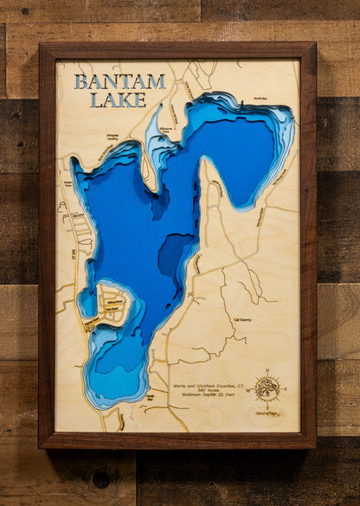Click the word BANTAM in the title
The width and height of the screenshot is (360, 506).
pyautogui.click(x=119, y=82)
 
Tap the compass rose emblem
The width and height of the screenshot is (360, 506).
pyautogui.click(x=267, y=388)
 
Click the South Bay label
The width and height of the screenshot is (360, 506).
pyautogui.click(x=149, y=398)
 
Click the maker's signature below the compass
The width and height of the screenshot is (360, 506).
pyautogui.click(x=267, y=413)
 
